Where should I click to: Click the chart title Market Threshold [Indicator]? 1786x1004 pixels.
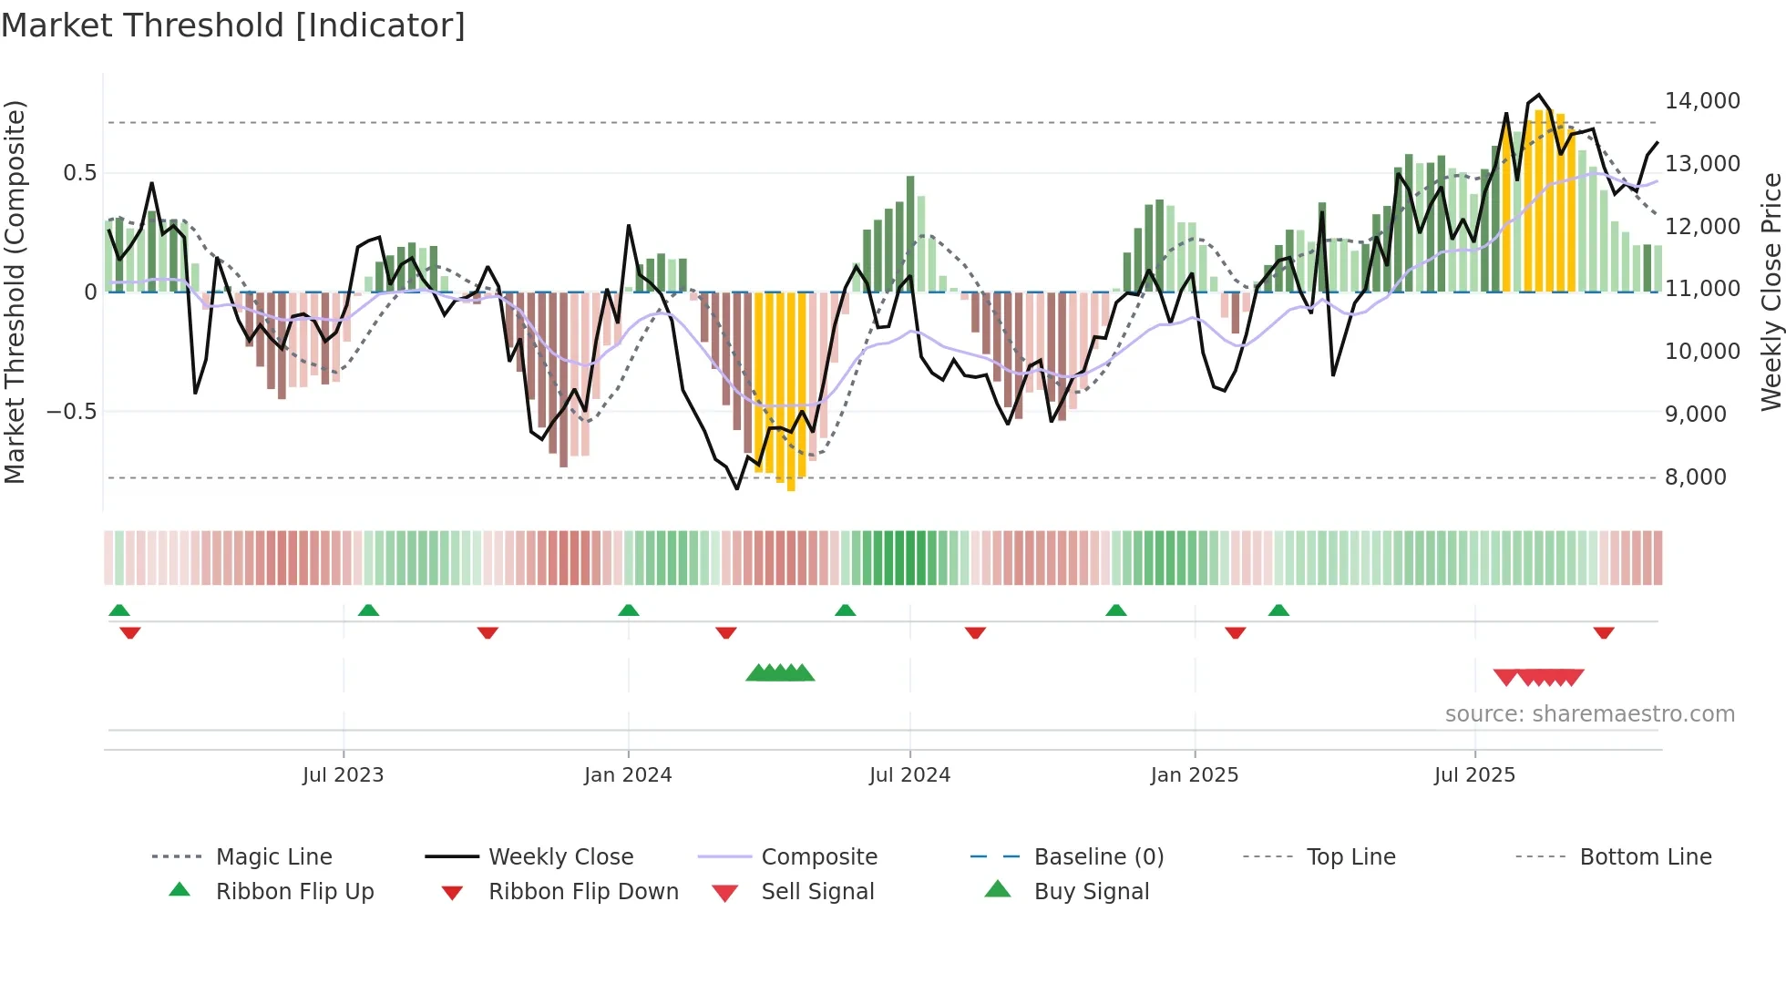click(233, 26)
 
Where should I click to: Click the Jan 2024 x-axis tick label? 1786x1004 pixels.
click(628, 775)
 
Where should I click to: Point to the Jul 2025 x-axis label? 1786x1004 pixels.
click(1474, 775)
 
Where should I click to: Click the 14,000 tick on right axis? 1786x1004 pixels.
click(1702, 101)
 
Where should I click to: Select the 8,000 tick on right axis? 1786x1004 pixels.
click(1695, 477)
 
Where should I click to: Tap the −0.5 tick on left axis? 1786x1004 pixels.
click(71, 412)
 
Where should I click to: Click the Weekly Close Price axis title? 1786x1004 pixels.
click(1771, 292)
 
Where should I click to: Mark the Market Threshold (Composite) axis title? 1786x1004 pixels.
click(15, 292)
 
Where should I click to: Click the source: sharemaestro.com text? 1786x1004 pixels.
click(1589, 714)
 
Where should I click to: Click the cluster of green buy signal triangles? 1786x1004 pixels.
click(780, 673)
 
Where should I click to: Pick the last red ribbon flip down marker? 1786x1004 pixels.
click(1604, 632)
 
